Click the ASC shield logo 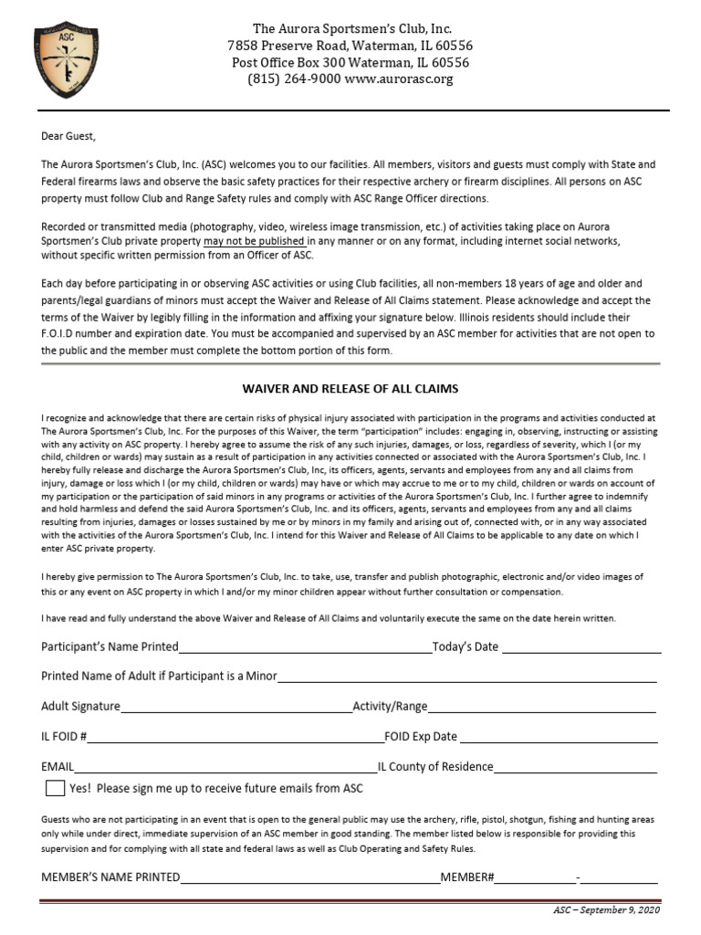pyautogui.click(x=66, y=60)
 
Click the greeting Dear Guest pyautogui.click(x=68, y=137)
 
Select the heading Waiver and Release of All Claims pyautogui.click(x=350, y=389)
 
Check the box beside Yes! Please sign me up pyautogui.click(x=55, y=788)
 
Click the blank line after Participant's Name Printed pyautogui.click(x=305, y=652)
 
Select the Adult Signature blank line pyautogui.click(x=235, y=711)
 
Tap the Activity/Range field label pyautogui.click(x=390, y=707)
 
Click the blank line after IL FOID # pyautogui.click(x=235, y=741)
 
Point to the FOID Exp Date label pyautogui.click(x=421, y=737)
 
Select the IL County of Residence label pyautogui.click(x=435, y=767)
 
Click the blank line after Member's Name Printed pyautogui.click(x=310, y=883)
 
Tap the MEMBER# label pyautogui.click(x=467, y=878)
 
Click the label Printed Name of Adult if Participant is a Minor pyautogui.click(x=159, y=677)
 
